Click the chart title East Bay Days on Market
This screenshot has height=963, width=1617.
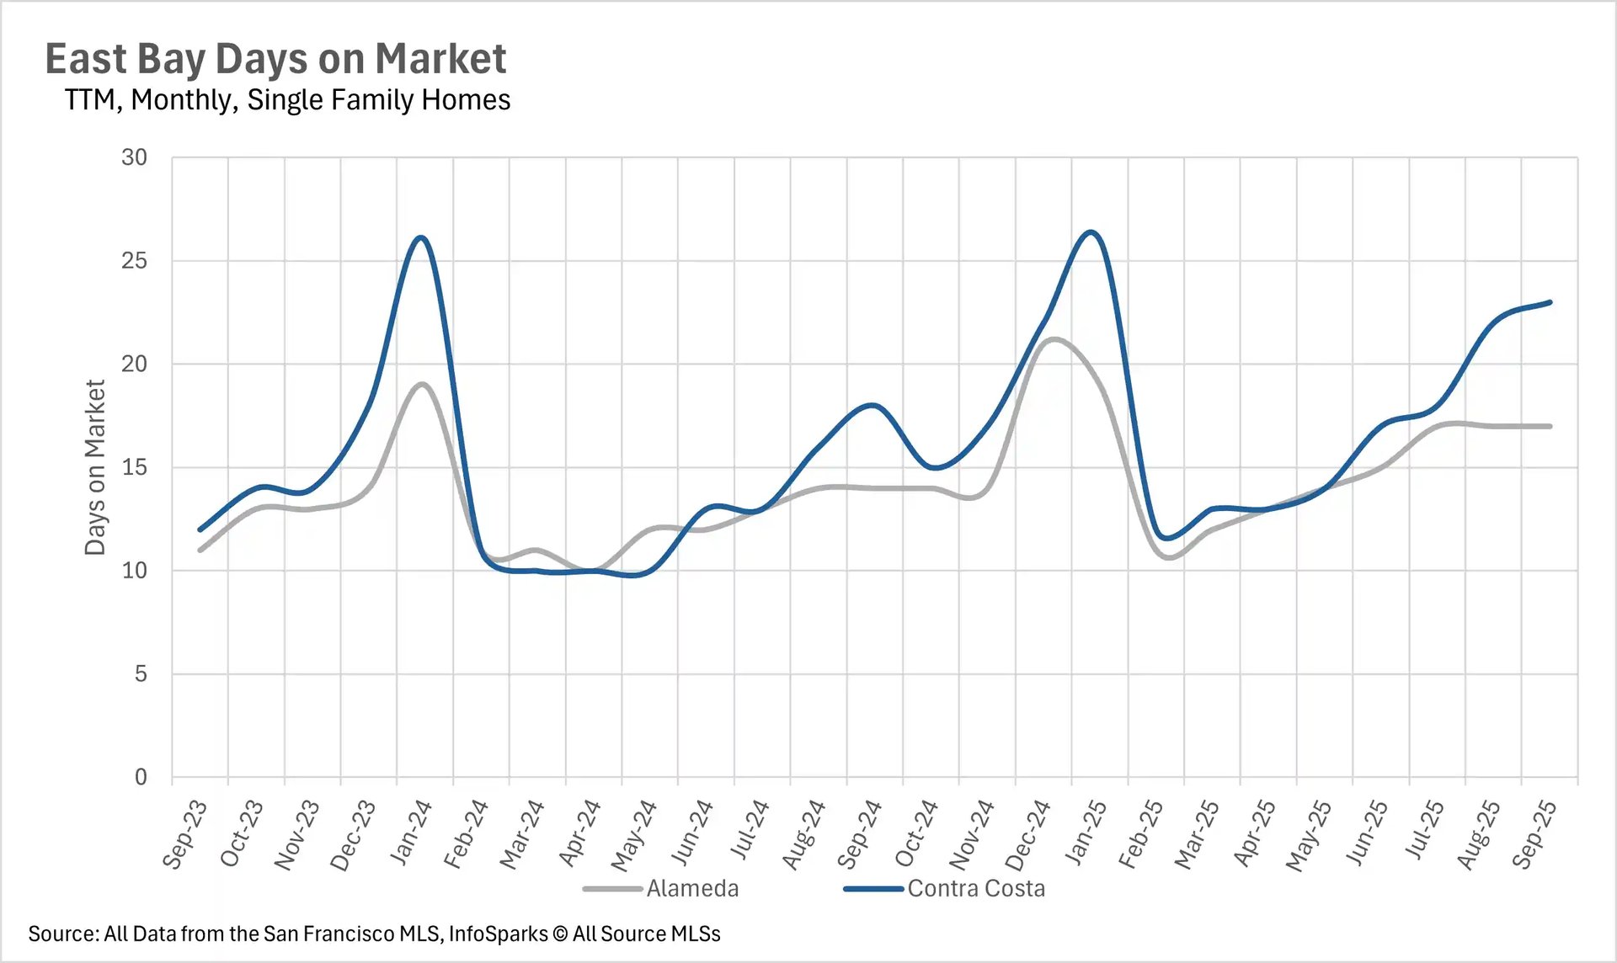[275, 59]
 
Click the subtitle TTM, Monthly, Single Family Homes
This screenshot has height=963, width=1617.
[287, 100]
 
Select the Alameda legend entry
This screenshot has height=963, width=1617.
[691, 888]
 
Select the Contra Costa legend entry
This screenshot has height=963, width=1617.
[975, 888]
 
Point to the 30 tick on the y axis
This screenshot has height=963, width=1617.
[134, 157]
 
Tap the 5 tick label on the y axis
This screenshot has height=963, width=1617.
[140, 673]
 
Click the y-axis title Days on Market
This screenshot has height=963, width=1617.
[95, 467]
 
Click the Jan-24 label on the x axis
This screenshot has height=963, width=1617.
[411, 833]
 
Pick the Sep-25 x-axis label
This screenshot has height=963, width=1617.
[1534, 834]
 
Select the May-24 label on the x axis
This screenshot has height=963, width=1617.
[633, 835]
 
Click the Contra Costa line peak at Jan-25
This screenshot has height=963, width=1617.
[1091, 231]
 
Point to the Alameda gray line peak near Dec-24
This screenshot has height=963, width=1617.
[1054, 339]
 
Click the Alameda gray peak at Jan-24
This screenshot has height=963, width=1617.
[422, 384]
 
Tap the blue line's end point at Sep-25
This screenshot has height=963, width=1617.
[1550, 302]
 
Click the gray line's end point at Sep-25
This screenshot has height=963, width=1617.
[1550, 426]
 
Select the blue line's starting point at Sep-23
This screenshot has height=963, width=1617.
[200, 529]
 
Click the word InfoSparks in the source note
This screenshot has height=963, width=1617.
[498, 934]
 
